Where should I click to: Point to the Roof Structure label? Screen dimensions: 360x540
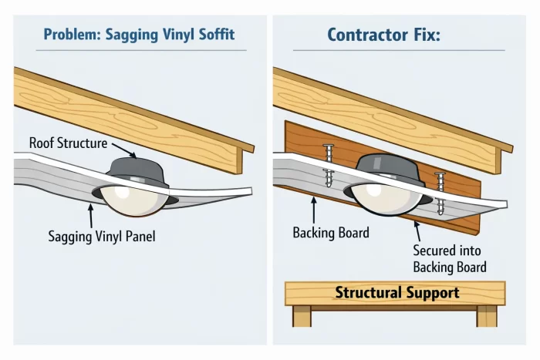pyautogui.click(x=68, y=143)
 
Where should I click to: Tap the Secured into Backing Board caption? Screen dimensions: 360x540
pyautogui.click(x=449, y=259)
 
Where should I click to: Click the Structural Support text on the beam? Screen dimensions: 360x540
pyautogui.click(x=397, y=293)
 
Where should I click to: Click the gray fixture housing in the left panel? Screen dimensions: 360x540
pyautogui.click(x=137, y=172)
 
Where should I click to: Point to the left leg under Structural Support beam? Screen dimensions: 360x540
pyautogui.click(x=302, y=316)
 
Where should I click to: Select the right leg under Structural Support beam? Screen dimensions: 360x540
pyautogui.click(x=487, y=316)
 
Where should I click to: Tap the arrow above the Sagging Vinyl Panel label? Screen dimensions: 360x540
pyautogui.click(x=92, y=216)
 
